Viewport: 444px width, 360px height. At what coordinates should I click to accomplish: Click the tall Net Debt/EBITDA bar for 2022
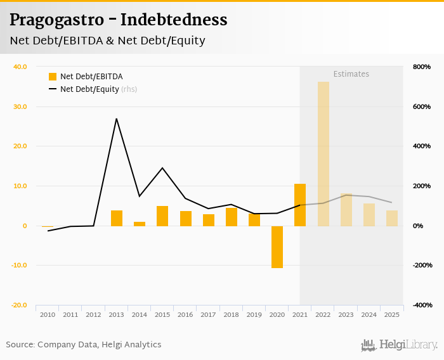pyautogui.click(x=323, y=154)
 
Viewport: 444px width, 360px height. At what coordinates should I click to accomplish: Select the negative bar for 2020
pyautogui.click(x=277, y=247)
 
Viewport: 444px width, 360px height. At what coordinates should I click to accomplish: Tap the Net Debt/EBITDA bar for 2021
pyautogui.click(x=300, y=205)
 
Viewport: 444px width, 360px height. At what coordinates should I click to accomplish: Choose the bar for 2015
pyautogui.click(x=162, y=215)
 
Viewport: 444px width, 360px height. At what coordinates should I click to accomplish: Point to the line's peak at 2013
pyautogui.click(x=117, y=119)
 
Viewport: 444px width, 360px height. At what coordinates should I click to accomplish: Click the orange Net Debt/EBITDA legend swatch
pyautogui.click(x=53, y=77)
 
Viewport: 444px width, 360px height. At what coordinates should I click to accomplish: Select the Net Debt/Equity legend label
pyautogui.click(x=89, y=89)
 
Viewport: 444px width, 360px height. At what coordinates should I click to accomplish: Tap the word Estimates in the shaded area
pyautogui.click(x=351, y=74)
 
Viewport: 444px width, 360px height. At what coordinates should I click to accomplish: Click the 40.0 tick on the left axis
pyautogui.click(x=20, y=67)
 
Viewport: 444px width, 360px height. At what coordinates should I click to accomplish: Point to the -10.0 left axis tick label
pyautogui.click(x=18, y=266)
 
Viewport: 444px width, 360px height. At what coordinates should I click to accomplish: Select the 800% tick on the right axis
pyautogui.click(x=422, y=67)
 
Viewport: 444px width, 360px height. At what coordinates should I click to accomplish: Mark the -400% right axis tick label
pyautogui.click(x=421, y=305)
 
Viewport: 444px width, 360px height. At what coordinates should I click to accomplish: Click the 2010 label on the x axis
pyautogui.click(x=48, y=314)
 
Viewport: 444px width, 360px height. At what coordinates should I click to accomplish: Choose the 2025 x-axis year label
pyautogui.click(x=392, y=314)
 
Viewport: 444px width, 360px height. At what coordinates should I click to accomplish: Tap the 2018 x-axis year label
pyautogui.click(x=232, y=314)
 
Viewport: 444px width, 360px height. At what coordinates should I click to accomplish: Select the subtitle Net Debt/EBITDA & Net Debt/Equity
pyautogui.click(x=107, y=41)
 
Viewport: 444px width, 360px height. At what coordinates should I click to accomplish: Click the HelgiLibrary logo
pyautogui.click(x=399, y=345)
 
